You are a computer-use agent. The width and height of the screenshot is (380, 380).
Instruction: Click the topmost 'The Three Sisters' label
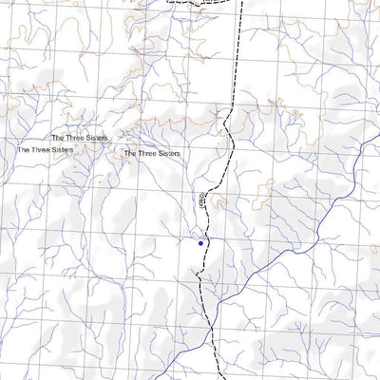(80, 138)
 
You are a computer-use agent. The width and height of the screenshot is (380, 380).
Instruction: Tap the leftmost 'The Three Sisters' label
(46, 149)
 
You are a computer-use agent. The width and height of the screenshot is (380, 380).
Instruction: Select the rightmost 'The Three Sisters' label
(152, 152)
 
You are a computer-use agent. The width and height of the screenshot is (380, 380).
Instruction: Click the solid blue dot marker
(200, 243)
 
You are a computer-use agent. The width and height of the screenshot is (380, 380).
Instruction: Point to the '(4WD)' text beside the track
(201, 199)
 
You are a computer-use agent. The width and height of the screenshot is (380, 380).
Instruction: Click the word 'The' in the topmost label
(58, 138)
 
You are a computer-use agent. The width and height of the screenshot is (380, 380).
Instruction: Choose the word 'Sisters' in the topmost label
(95, 138)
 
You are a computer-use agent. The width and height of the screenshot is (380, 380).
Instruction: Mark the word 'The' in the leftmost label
(24, 149)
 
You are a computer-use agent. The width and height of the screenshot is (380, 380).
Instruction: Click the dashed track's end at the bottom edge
(214, 377)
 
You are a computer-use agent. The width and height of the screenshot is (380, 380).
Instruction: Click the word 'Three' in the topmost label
(76, 138)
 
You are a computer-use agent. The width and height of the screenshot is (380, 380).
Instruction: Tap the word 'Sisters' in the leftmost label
(62, 149)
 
